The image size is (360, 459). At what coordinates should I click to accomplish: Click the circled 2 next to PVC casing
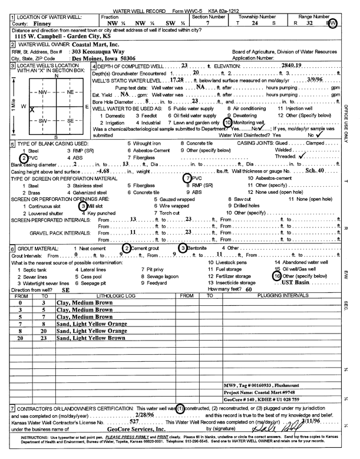pos(24,158)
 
